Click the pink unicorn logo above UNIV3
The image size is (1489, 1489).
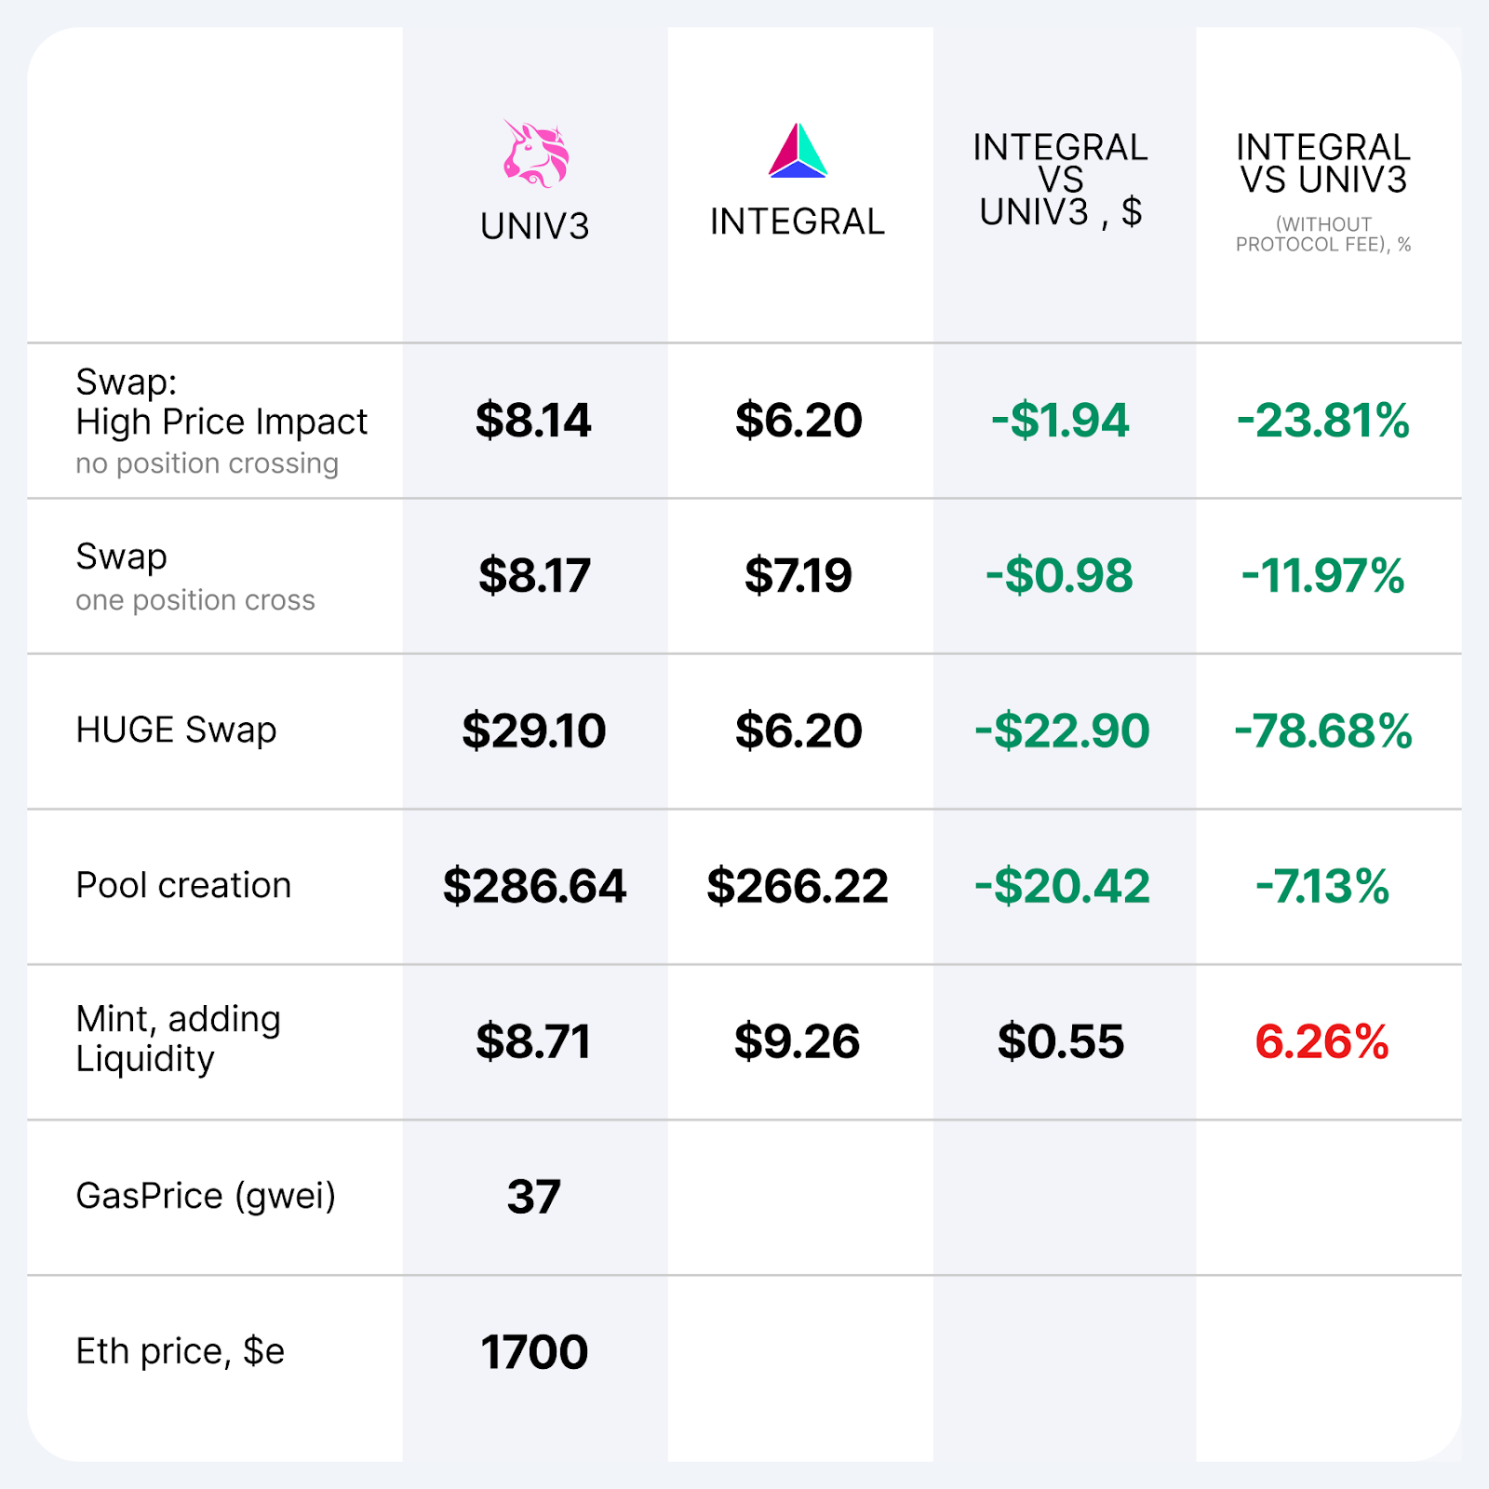[536, 154]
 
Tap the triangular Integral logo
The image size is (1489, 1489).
[798, 151]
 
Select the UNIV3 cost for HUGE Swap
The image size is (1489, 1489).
[534, 731]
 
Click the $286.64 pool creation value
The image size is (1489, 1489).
[534, 886]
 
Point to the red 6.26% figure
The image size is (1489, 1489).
[1321, 1041]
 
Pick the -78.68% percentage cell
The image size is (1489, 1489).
[1322, 731]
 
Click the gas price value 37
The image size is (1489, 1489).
[534, 1197]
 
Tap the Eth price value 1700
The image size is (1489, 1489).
[534, 1352]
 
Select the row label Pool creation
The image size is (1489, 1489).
[183, 885]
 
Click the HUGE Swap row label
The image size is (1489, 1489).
[176, 730]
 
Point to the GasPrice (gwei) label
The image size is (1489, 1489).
[206, 1196]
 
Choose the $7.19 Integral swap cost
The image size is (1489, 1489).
[798, 575]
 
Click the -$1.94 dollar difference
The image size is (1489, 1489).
[1060, 420]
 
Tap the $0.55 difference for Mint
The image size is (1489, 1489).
[1060, 1041]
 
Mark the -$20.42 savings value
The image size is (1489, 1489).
[1062, 886]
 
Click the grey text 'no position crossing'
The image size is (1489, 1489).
[207, 463]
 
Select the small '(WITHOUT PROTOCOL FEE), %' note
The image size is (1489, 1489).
[1322, 235]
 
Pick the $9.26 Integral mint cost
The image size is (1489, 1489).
[797, 1041]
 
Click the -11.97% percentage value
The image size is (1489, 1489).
[1322, 575]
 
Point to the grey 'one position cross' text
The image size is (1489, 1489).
[195, 600]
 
